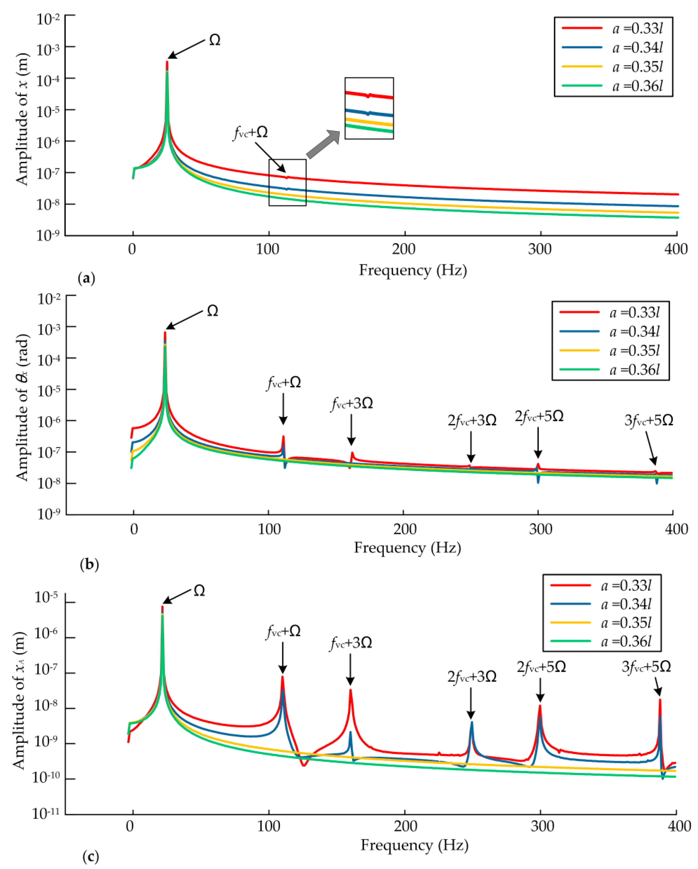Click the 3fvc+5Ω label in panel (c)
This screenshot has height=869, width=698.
[646, 667]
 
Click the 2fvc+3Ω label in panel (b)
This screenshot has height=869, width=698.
[472, 420]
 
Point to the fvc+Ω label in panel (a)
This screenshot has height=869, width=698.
[250, 132]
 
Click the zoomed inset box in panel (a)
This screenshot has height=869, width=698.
[369, 108]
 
